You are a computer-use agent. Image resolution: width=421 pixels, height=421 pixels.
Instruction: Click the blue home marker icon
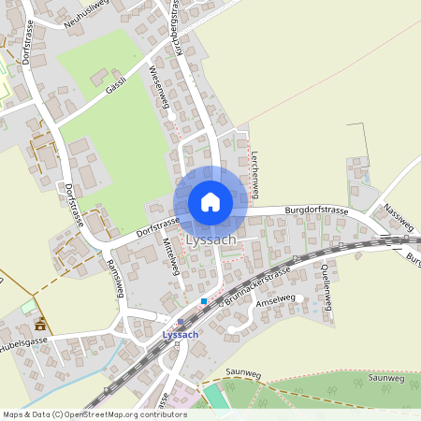[210, 202]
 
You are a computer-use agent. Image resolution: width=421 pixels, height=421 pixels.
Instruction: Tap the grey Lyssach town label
[210, 240]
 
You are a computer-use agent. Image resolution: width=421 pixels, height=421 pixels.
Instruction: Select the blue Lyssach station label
[180, 335]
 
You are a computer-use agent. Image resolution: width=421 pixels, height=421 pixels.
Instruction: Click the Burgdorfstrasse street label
[304, 212]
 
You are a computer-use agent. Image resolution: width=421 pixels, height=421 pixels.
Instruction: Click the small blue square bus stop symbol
[203, 301]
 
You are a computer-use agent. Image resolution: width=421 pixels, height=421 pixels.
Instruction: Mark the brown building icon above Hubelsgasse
[40, 325]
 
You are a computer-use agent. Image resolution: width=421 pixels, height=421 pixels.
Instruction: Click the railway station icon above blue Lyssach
[181, 322]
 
